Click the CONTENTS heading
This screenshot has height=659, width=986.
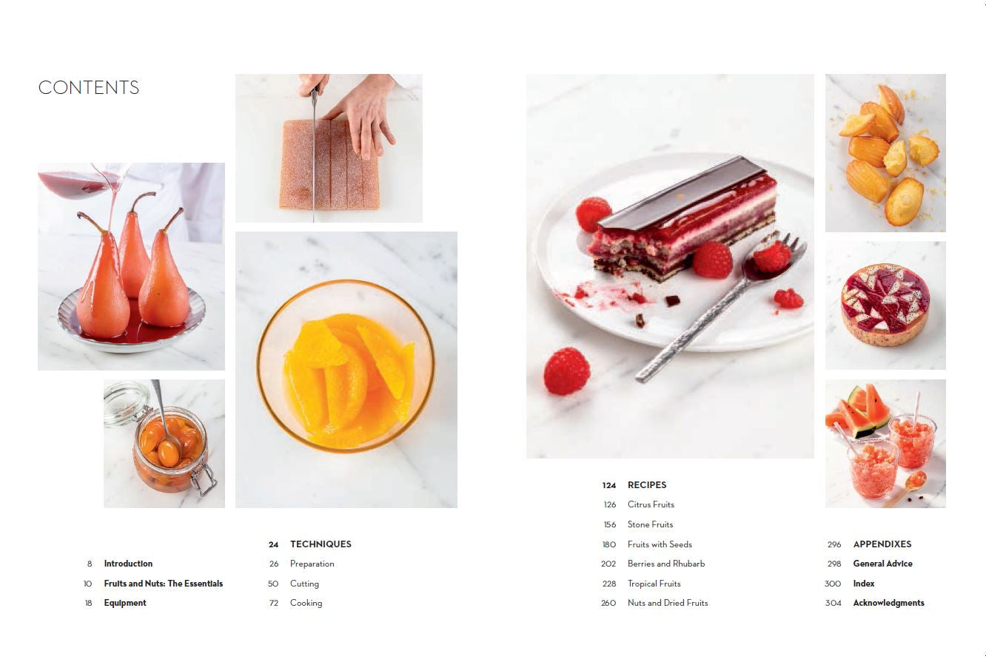point(89,87)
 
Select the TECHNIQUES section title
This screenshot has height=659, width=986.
point(321,544)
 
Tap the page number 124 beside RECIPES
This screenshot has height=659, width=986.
point(609,485)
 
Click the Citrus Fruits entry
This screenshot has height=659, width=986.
point(651,504)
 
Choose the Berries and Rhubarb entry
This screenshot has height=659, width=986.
point(666,564)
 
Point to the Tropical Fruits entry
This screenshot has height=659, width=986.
point(654,584)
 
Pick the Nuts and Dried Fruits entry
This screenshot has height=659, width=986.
point(668,603)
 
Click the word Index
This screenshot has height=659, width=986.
point(864,584)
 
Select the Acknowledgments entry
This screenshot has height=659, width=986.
point(888,603)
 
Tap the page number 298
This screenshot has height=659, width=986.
point(834,564)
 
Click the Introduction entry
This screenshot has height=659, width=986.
point(128,564)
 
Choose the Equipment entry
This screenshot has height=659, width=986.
point(125,603)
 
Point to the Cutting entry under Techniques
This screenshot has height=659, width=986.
point(304,584)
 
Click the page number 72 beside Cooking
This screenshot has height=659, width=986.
point(274,603)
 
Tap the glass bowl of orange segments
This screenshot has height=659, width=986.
point(346,366)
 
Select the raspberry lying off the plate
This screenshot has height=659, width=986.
point(566,371)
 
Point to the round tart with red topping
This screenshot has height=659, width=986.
point(885,304)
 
